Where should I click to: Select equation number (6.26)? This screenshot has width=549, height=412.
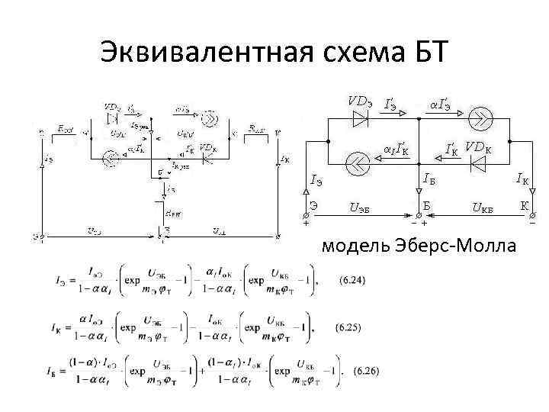tap(353, 372)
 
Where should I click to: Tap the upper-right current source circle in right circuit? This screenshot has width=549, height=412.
tap(483, 117)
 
